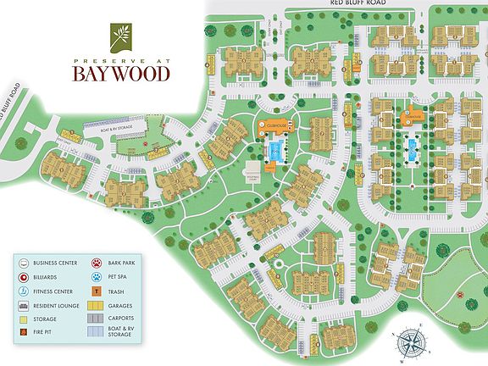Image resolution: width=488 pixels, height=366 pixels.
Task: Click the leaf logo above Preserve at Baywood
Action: (116, 35)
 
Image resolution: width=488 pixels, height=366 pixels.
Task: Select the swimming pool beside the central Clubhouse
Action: (275, 152)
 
